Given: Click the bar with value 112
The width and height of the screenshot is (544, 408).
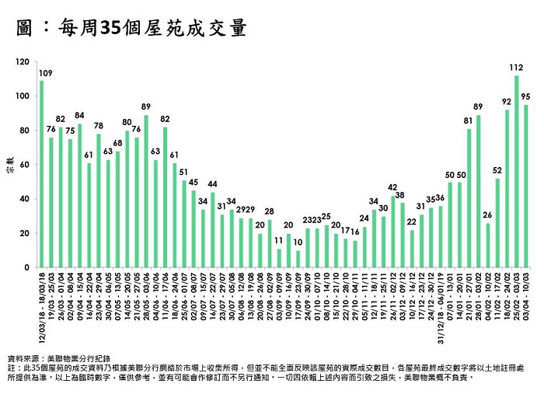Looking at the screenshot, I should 516,171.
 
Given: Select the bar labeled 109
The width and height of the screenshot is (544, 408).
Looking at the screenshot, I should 42,174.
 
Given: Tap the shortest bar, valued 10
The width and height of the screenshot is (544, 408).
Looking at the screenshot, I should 298,259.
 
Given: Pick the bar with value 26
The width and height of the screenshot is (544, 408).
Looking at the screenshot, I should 487,245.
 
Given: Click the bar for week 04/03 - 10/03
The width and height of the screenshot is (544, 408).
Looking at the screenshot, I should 526,186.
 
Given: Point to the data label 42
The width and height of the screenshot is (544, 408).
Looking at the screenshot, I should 392,187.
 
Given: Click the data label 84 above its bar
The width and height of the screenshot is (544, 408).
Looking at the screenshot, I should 79,115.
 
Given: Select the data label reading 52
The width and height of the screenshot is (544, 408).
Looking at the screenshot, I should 497,170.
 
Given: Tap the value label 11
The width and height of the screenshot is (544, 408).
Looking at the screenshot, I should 278,241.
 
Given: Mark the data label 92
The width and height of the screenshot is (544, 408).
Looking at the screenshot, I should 507,102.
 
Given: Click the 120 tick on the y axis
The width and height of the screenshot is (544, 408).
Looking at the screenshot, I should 23,62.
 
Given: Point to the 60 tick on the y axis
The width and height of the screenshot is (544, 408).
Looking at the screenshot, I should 26,165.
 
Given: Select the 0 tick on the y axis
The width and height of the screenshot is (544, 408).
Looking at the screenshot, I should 28,267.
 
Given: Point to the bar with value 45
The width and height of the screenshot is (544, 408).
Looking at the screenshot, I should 194,228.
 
